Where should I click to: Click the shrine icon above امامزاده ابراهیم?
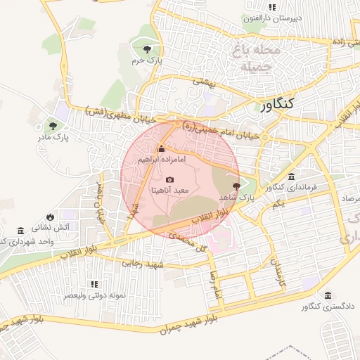(162, 149)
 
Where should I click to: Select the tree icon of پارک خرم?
(146, 49)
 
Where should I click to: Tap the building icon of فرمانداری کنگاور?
(291, 176)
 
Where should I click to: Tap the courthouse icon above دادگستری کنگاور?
(328, 295)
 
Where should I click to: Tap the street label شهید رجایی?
(143, 265)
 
